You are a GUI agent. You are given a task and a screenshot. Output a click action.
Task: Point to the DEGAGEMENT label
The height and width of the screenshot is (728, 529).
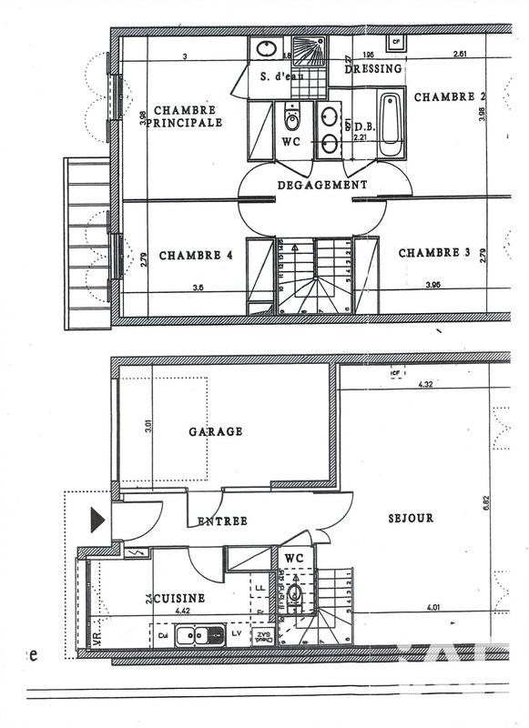[322, 185]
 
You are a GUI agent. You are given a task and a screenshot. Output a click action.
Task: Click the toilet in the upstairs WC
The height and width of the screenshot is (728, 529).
[292, 120]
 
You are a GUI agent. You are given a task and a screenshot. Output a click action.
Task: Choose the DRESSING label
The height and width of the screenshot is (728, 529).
[373, 69]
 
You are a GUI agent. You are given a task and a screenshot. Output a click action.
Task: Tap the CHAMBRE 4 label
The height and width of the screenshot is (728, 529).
[196, 256]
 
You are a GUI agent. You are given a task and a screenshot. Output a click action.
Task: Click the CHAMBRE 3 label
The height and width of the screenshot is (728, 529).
[434, 253]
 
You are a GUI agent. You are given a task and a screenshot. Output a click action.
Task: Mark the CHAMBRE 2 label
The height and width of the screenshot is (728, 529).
[450, 96]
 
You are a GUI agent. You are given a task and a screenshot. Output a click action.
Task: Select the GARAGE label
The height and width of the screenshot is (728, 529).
[215, 431]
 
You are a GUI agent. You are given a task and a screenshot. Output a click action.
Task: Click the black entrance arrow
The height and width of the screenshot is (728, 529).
[97, 521]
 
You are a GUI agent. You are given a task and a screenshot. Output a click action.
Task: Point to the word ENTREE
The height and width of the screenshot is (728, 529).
[223, 521]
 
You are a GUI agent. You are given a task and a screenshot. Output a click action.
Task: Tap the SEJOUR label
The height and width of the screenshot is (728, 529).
[410, 518]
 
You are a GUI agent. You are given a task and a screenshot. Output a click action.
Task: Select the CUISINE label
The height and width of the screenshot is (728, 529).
[178, 599]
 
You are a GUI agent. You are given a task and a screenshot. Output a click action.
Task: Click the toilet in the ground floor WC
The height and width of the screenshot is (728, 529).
[296, 596]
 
